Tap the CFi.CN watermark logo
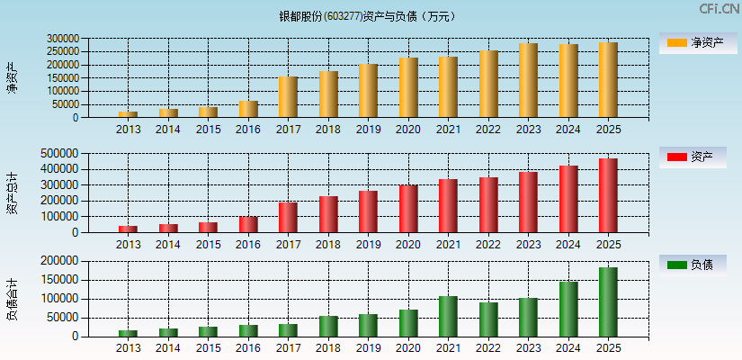[719, 9]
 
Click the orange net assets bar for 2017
[288, 97]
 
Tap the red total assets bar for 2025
[608, 195]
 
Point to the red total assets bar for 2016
[248, 224]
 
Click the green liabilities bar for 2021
[448, 316]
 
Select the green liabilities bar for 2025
[608, 302]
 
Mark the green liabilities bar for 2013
[128, 333]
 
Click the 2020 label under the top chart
[408, 130]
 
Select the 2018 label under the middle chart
[328, 244]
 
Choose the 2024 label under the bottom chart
[568, 348]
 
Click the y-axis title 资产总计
[12, 193]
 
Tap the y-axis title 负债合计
[12, 299]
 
